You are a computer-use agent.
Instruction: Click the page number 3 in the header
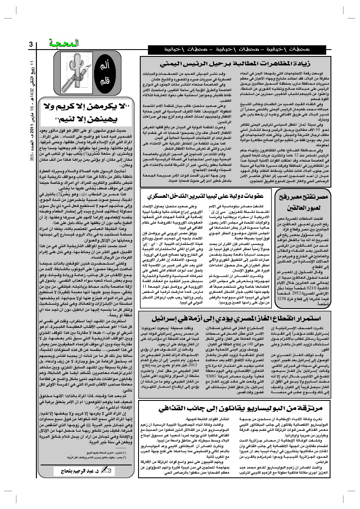pyautogui.click(x=30, y=44)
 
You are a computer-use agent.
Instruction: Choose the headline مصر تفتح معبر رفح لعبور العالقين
pyautogui.click(x=303, y=201)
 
